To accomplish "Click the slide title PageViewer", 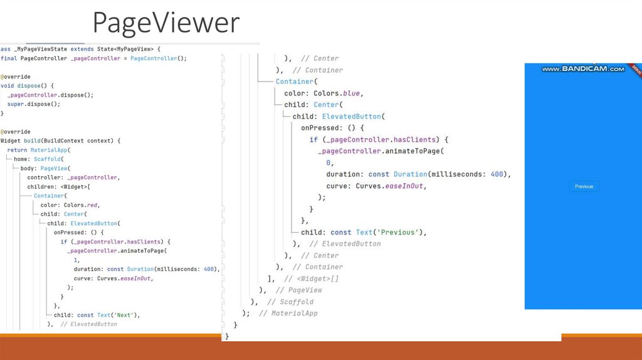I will (166, 23).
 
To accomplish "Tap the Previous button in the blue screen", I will (584, 186).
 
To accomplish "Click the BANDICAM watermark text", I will (583, 69).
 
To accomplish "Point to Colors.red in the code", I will (82, 205).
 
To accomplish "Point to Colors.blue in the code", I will (337, 93).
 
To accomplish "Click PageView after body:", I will (55, 169).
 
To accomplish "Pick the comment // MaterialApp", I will (288, 313).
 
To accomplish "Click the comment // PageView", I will (298, 290).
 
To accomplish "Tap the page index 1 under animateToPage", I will (76, 260).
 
